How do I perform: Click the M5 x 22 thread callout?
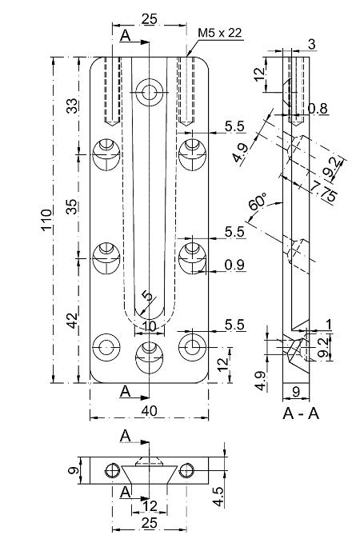click(x=220, y=33)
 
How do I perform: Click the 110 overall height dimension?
click(x=46, y=220)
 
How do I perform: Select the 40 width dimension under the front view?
click(x=149, y=411)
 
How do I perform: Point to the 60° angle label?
click(x=258, y=202)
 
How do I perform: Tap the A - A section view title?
click(x=301, y=413)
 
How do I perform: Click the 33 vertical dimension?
click(x=72, y=106)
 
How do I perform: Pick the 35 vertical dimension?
click(x=72, y=207)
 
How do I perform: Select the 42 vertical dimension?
click(x=72, y=321)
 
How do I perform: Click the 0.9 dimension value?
click(x=234, y=265)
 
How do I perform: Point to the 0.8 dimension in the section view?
click(x=318, y=109)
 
